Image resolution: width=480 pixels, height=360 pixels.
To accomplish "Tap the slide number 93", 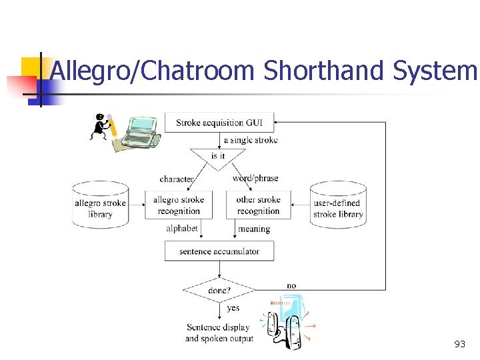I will click(x=459, y=344).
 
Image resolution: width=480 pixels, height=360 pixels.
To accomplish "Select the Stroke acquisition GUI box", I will click(x=219, y=123).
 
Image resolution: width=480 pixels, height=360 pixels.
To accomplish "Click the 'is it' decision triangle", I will click(x=218, y=157).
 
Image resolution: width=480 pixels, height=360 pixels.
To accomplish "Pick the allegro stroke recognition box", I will click(x=179, y=205).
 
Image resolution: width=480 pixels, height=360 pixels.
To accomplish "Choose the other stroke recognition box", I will click(x=258, y=205).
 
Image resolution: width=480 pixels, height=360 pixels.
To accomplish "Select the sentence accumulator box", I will click(x=219, y=251).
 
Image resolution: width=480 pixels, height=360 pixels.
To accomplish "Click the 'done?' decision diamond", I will click(x=219, y=291).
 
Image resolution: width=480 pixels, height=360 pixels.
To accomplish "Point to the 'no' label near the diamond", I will click(x=291, y=285).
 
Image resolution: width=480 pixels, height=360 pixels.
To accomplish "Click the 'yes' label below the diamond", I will click(x=233, y=308).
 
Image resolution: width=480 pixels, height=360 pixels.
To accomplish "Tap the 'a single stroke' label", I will click(x=251, y=140).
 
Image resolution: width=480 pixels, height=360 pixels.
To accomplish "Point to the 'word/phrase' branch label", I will click(x=255, y=178).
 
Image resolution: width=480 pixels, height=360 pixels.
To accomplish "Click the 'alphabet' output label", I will click(x=182, y=228).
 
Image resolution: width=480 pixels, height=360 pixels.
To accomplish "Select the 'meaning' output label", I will click(x=254, y=229).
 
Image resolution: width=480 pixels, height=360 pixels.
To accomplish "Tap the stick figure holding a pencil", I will click(x=102, y=127).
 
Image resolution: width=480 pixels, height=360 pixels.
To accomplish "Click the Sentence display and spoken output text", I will click(x=219, y=333).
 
